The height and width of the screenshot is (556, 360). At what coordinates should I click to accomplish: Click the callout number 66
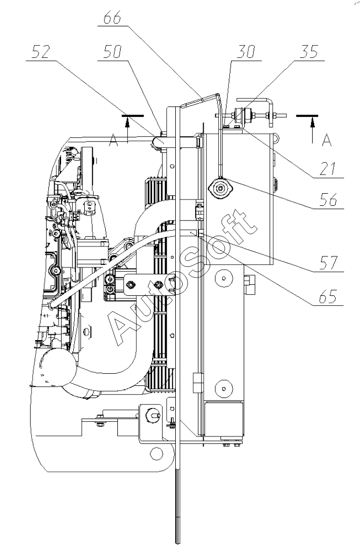tap(112, 18)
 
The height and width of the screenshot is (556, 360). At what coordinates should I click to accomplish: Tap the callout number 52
tap(41, 53)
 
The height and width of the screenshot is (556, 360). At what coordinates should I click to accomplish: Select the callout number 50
tap(113, 52)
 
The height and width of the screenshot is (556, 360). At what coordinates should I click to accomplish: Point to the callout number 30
tap(246, 52)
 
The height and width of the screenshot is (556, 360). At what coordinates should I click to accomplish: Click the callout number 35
tap(309, 52)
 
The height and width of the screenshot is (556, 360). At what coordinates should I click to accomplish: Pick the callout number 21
tap(327, 169)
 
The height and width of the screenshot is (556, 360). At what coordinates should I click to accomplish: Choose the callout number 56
tap(328, 200)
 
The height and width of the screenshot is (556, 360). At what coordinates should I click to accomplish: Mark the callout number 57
tap(328, 263)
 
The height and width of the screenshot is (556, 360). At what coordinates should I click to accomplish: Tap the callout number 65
tap(328, 296)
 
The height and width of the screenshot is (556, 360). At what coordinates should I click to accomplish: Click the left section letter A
tap(113, 141)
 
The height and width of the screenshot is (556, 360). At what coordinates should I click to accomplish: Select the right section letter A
tap(327, 141)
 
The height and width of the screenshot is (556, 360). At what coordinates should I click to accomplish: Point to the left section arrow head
tap(127, 122)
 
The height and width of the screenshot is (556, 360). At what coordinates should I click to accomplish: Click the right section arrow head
tap(312, 122)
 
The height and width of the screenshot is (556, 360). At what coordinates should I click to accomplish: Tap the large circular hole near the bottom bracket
tap(156, 452)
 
